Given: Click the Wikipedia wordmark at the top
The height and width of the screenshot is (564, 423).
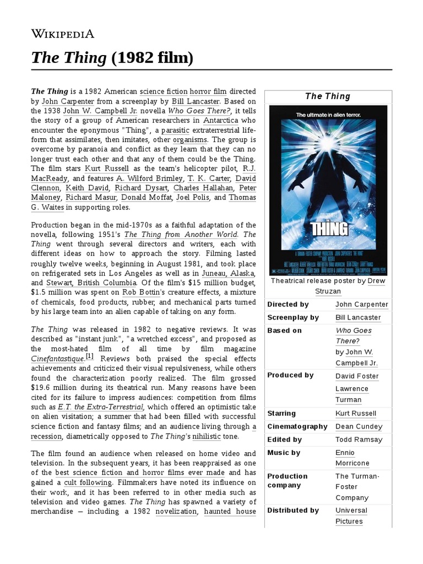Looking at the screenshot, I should (x=62, y=34).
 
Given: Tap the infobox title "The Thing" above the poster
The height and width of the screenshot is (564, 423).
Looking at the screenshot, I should (x=328, y=96).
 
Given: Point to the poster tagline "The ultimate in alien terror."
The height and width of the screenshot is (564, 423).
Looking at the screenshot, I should (x=328, y=115).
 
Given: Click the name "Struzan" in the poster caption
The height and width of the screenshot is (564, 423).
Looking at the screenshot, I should (x=328, y=291).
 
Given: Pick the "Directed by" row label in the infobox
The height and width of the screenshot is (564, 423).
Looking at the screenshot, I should (x=288, y=305).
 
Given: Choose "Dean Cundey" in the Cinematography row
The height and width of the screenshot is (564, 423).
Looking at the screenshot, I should (x=358, y=427).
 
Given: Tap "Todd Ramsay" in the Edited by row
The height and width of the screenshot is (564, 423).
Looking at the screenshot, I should (x=358, y=440).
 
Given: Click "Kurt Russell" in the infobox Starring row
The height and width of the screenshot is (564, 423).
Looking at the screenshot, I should (x=356, y=414).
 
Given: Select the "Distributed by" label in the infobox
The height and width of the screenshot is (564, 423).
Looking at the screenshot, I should (x=293, y=511).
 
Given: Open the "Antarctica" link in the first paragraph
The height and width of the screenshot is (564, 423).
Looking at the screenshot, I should (x=220, y=120).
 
